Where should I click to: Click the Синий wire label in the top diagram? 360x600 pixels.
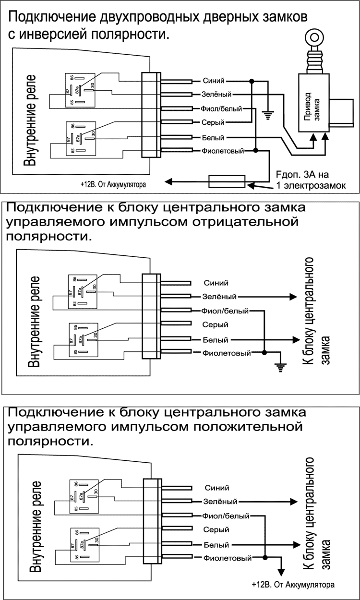[214, 81]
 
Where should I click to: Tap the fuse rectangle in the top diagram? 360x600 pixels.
[227, 181]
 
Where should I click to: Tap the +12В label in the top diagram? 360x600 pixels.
[113, 183]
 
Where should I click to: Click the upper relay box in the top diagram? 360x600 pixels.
[80, 90]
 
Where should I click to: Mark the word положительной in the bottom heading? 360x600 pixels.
[253, 427]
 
